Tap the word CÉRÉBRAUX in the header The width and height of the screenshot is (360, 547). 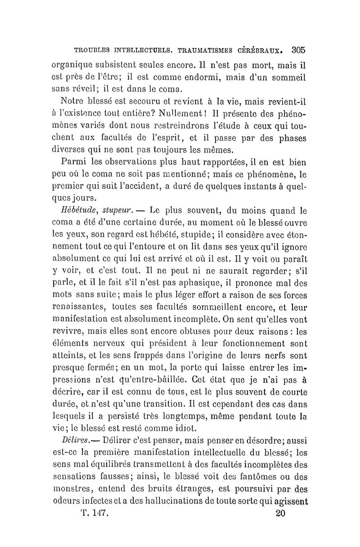pos(260,50)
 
